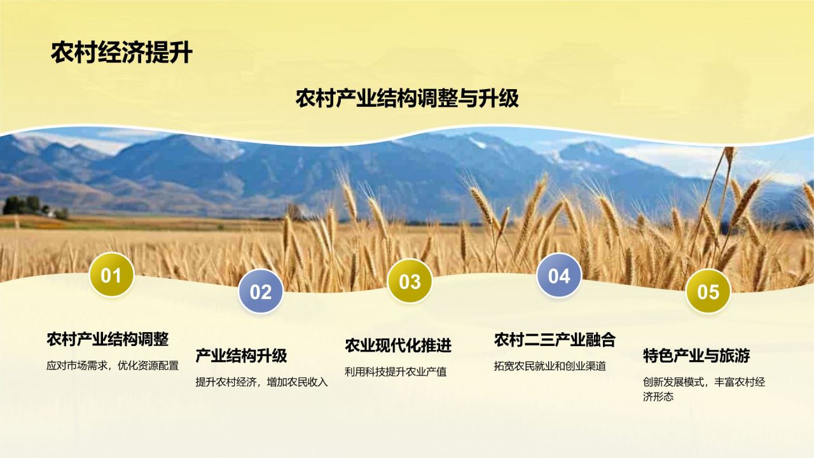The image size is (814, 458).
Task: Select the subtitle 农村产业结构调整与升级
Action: [x=407, y=99]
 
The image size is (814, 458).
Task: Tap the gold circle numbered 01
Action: [x=111, y=275]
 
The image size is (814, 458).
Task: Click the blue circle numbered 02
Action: [x=261, y=291]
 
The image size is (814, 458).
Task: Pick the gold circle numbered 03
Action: [x=410, y=281]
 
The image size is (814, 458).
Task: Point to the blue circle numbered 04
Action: [x=559, y=275]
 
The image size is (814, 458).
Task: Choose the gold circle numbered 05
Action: [x=708, y=291]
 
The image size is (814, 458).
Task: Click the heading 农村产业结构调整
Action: [x=107, y=339]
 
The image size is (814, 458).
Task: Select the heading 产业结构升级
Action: [x=241, y=356]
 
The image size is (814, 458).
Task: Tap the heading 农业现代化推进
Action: [x=398, y=345]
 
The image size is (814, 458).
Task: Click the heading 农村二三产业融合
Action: [x=555, y=340]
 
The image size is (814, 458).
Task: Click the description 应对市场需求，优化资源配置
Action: [x=113, y=366]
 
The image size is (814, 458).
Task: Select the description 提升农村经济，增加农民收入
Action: [x=261, y=382]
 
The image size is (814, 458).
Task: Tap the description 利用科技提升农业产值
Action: [x=396, y=372]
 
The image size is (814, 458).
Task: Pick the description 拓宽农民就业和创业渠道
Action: [x=550, y=366]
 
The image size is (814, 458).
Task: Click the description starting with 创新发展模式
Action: [x=703, y=389]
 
